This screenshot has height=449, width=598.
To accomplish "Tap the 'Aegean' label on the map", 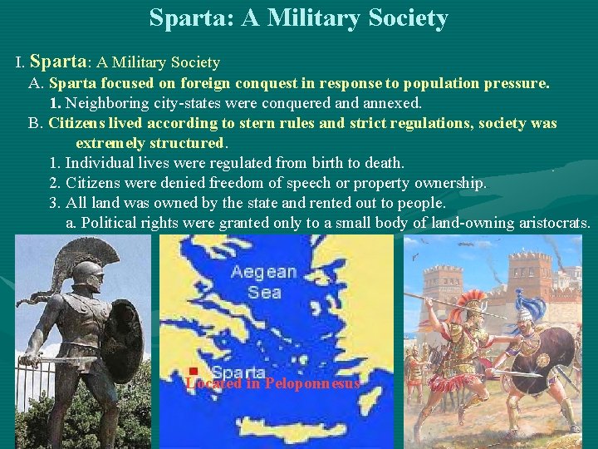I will tap(263, 272).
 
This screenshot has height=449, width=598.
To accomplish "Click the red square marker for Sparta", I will tap(192, 371).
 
